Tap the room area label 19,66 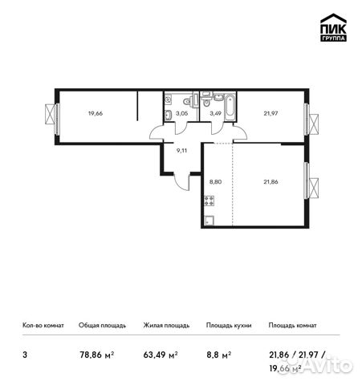click(96, 113)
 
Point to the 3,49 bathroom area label click(215, 115)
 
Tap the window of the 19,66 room click(53, 115)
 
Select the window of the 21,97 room click(310, 118)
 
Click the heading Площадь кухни click(229, 326)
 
